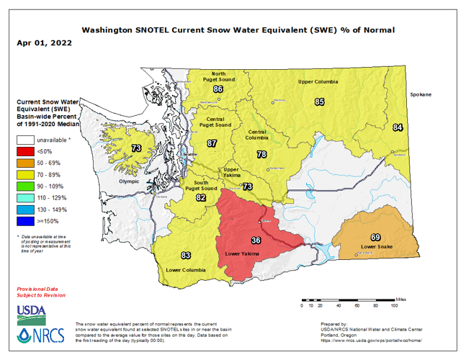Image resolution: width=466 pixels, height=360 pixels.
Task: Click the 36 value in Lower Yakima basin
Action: click(255, 240)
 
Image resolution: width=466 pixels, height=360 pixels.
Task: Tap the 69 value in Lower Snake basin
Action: click(375, 238)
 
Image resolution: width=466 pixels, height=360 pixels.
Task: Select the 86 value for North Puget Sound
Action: click(218, 89)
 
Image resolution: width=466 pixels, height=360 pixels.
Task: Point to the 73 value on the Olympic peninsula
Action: click(136, 148)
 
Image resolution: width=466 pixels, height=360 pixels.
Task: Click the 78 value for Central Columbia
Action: click(262, 155)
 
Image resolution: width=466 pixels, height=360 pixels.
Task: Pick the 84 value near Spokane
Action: click(398, 127)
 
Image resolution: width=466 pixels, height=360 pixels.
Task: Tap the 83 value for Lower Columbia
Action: click(186, 256)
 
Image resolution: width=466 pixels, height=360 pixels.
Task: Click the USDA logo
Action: click(32, 311)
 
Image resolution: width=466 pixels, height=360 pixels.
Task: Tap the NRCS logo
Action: click(40, 335)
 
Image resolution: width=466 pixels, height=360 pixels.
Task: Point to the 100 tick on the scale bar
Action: click(394, 306)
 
